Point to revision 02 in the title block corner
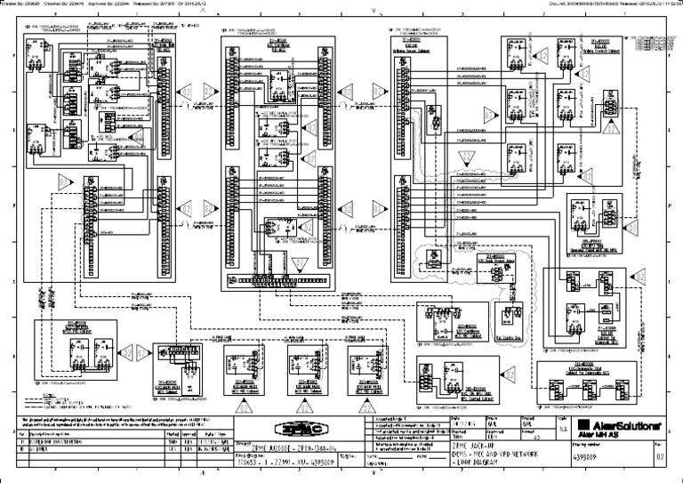tap(660, 462)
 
